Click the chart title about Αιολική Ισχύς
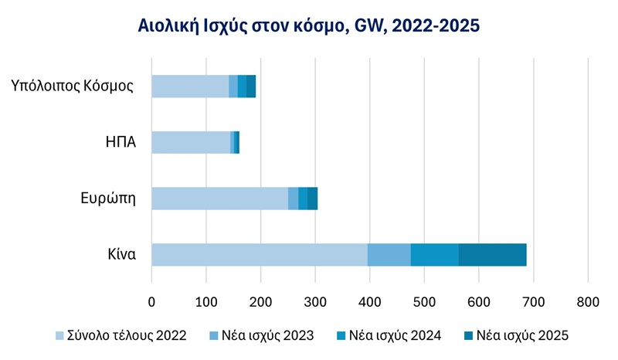point(308,25)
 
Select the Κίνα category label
point(122,254)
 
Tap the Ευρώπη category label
point(109,199)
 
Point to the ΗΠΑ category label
point(121,143)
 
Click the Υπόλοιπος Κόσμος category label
point(73,86)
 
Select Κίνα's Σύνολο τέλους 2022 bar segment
point(259,254)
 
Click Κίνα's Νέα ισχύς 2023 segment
point(389,254)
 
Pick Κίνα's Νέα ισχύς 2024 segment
point(434,254)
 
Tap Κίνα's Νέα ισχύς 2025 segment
point(492,254)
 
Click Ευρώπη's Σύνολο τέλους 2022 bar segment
point(219,199)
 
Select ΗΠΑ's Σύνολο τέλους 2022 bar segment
point(191,143)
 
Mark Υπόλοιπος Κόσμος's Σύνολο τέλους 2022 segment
point(190,87)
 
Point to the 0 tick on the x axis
point(151,301)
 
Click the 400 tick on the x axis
point(370,301)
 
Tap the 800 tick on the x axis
point(588,301)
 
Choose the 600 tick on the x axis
point(479,301)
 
